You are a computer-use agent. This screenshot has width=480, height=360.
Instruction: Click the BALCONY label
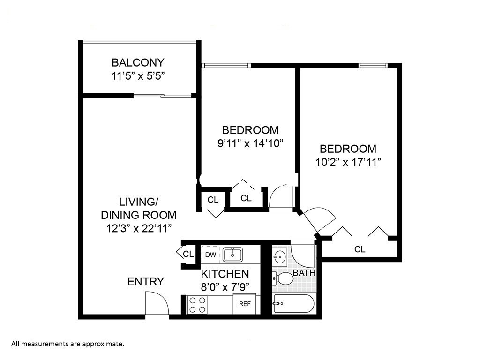[x=138, y=62]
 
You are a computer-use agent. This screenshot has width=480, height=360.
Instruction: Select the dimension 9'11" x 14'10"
[x=250, y=143]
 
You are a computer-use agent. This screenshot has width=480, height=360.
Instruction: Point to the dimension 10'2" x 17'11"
[x=348, y=162]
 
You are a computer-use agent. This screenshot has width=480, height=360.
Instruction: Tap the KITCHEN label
[x=225, y=274]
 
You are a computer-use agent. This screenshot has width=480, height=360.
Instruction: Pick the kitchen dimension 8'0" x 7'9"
[x=225, y=286]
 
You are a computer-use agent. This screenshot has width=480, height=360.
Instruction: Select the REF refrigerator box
[x=245, y=304]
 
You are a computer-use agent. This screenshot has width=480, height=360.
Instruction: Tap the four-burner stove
[x=197, y=305]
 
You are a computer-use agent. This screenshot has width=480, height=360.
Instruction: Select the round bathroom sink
[x=280, y=257]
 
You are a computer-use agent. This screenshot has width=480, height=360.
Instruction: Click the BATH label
[x=304, y=272]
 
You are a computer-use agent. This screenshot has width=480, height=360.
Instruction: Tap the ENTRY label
[x=146, y=282]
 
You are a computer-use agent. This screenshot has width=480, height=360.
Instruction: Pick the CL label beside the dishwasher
[x=188, y=255]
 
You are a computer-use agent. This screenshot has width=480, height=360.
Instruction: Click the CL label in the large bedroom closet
[x=360, y=249]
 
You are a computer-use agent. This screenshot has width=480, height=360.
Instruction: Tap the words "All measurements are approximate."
[x=67, y=344]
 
